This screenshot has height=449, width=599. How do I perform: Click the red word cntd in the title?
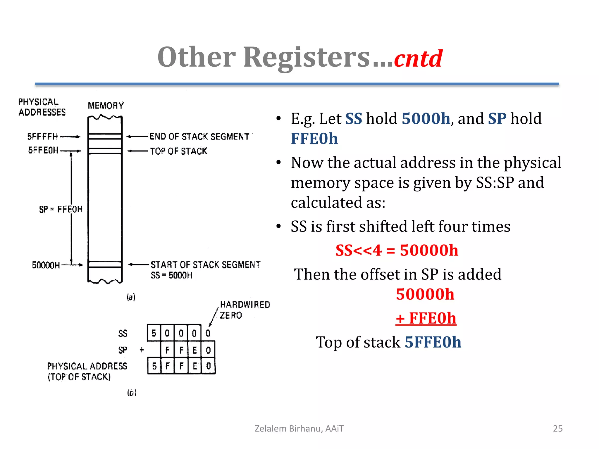tap(418, 58)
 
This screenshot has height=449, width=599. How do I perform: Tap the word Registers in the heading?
tap(307, 57)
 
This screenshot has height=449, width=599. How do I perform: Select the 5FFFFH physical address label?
tap(43, 137)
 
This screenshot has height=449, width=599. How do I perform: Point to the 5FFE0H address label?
tap(43, 150)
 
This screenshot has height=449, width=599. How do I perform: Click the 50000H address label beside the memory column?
tap(46, 265)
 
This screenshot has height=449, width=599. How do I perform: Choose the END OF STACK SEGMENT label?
tap(199, 137)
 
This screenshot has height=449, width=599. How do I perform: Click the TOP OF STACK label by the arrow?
tap(178, 151)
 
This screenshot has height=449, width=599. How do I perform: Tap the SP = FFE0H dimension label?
tap(61, 209)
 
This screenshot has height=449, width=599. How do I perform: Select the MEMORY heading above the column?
tap(106, 106)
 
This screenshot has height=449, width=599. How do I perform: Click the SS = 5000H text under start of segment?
tap(171, 275)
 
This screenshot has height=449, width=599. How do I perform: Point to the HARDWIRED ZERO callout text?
tap(245, 310)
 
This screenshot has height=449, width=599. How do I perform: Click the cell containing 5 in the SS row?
tap(154, 333)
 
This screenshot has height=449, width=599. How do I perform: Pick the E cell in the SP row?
tap(194, 350)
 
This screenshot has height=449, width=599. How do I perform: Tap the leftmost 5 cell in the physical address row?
tap(154, 366)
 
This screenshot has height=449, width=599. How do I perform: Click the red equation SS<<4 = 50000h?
tap(397, 251)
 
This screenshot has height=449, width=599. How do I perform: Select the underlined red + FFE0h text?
tap(426, 318)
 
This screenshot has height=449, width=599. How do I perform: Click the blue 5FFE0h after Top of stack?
tap(433, 342)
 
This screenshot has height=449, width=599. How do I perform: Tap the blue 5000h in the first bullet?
tap(426, 119)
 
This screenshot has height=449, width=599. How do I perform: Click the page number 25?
tap(557, 429)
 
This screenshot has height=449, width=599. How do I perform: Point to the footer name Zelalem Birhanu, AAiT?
tap(299, 429)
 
